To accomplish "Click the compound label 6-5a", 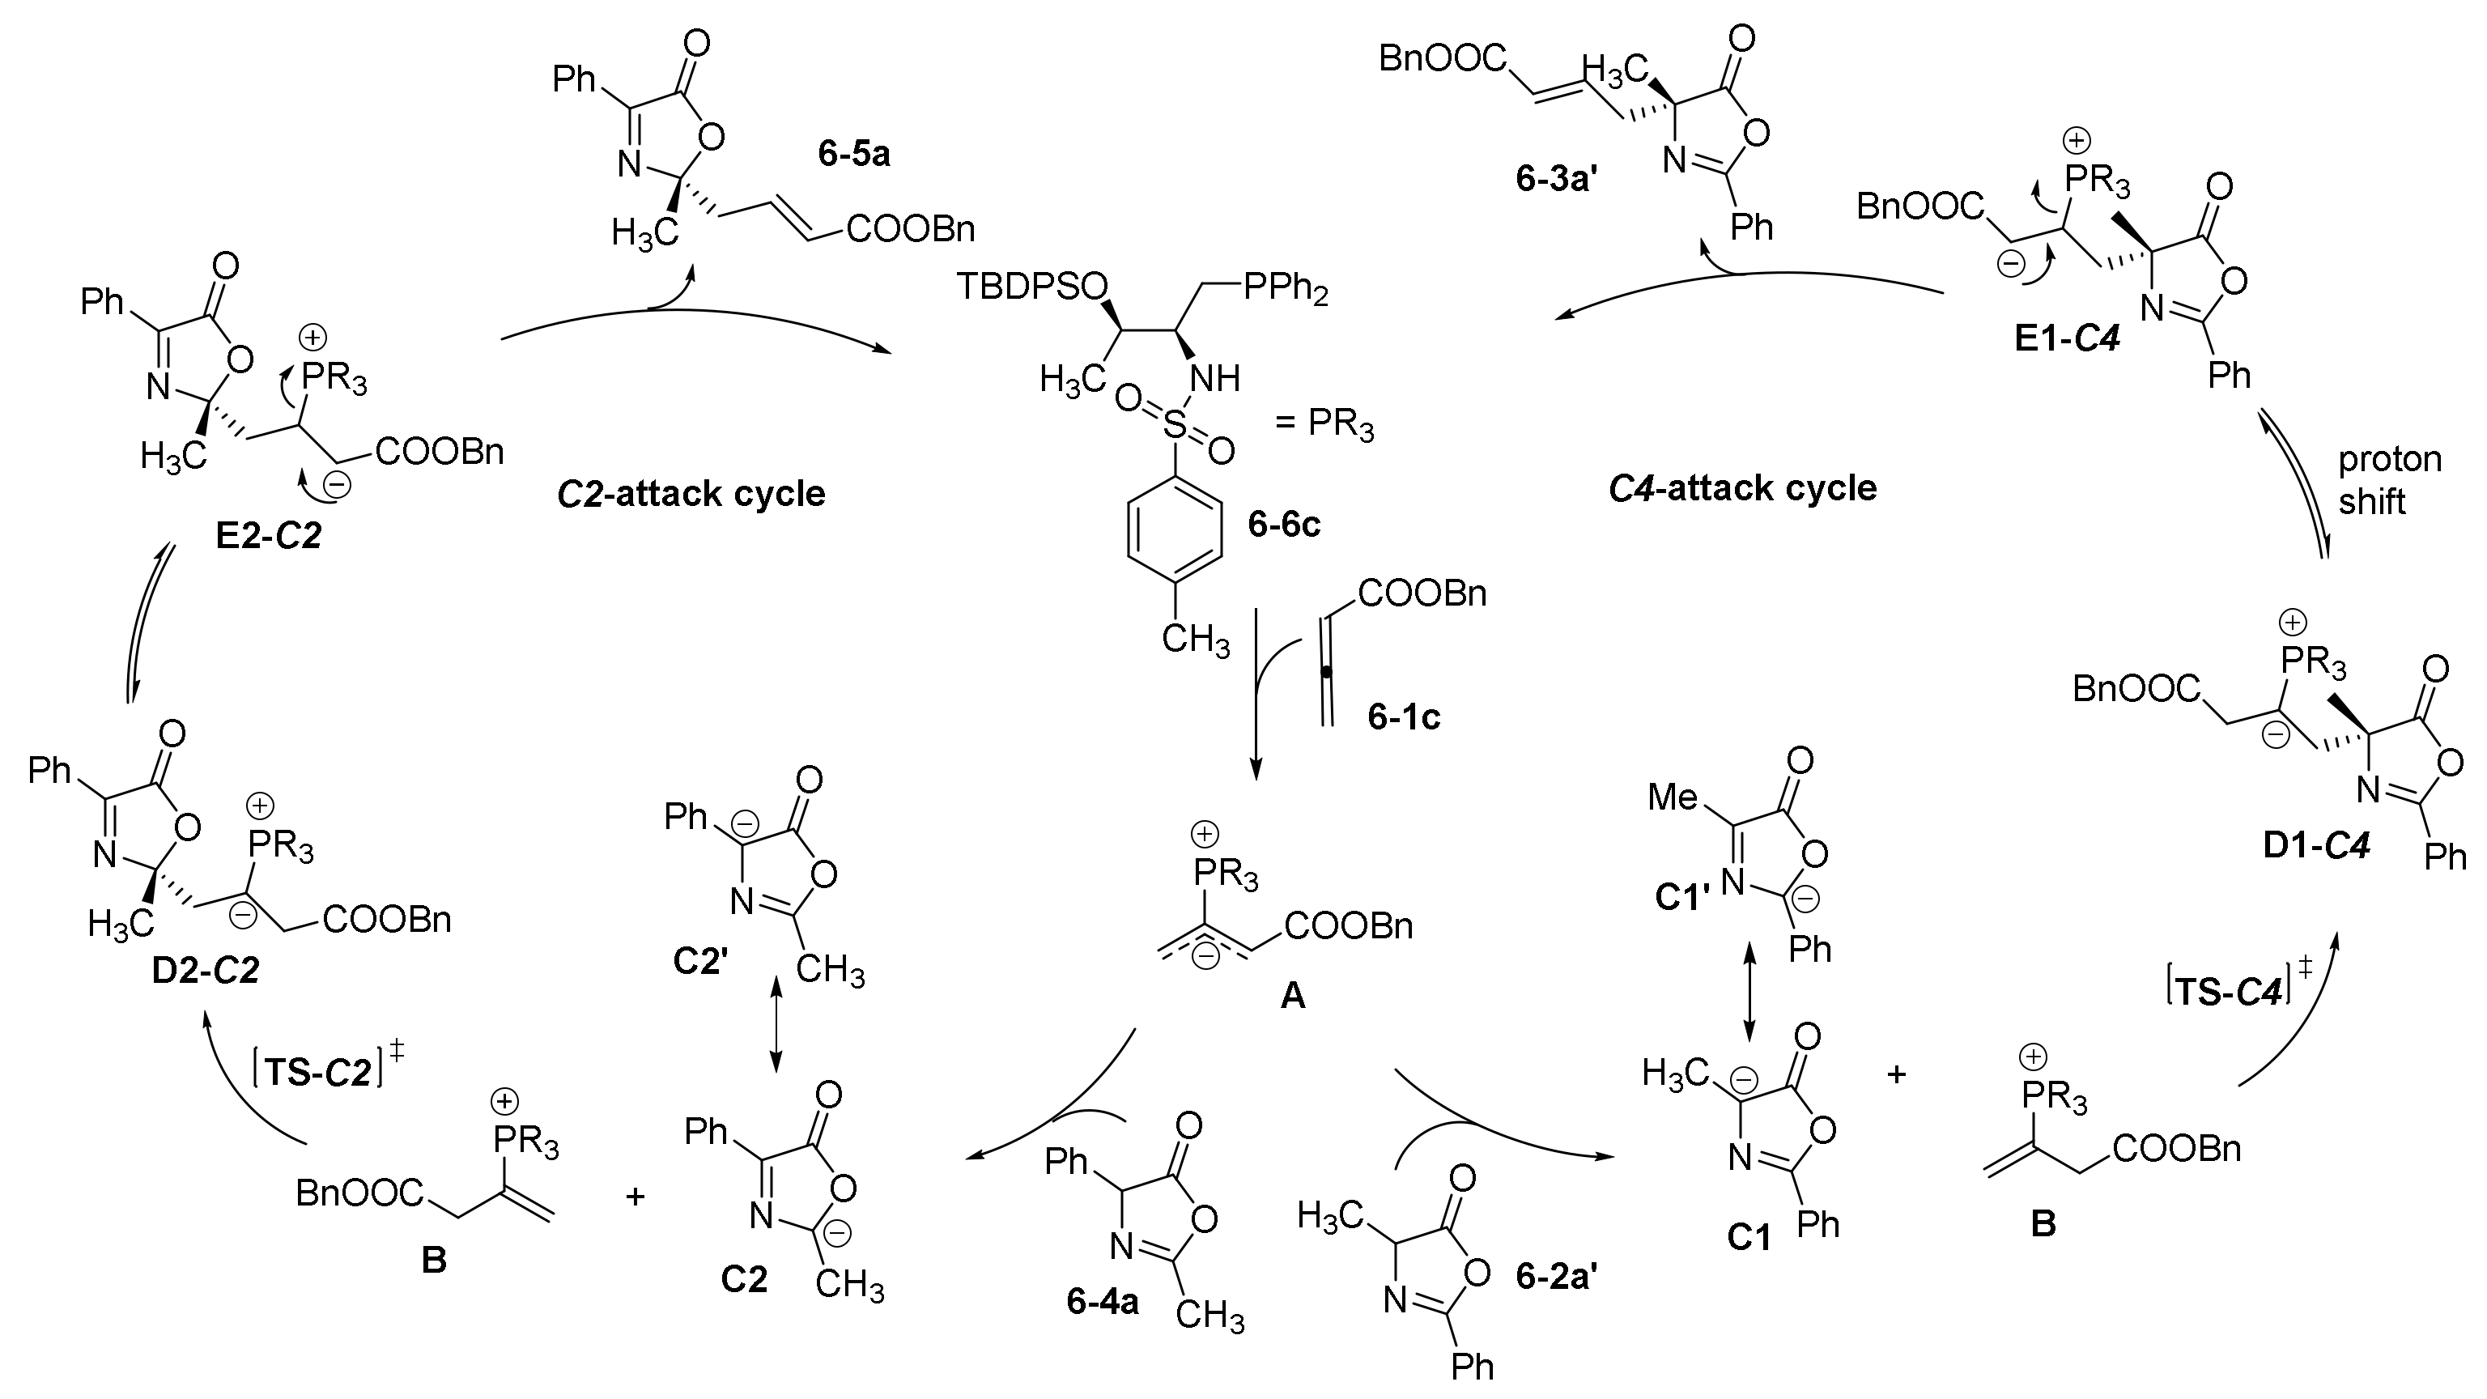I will [x=853, y=155].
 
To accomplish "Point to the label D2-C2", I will [x=206, y=971].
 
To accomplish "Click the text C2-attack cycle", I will [x=691, y=493].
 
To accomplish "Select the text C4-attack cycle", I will [x=1743, y=487].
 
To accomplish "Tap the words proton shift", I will [x=2388, y=480].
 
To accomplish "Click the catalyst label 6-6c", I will [x=1284, y=525].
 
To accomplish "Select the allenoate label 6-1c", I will [x=1404, y=717].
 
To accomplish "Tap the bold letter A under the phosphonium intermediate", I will [x=1292, y=996].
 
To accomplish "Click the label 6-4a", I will [x=1103, y=1303].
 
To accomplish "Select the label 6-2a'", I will [x=1556, y=1278].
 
